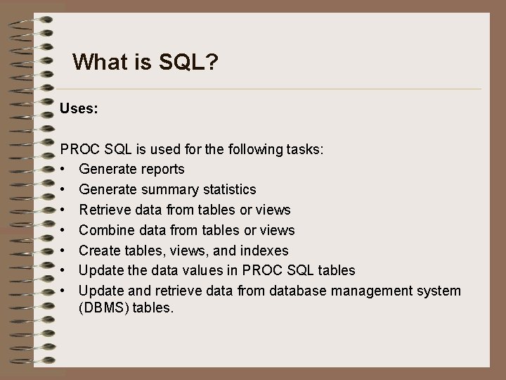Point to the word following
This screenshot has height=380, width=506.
[x=259, y=149]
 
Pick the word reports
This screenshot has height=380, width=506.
[x=161, y=170]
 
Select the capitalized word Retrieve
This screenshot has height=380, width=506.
[x=105, y=210]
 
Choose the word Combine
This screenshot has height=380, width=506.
[x=108, y=230]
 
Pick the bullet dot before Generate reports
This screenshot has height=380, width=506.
[x=63, y=170]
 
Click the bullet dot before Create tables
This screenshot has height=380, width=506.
[x=63, y=251]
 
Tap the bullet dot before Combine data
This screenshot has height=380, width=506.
[x=63, y=231]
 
